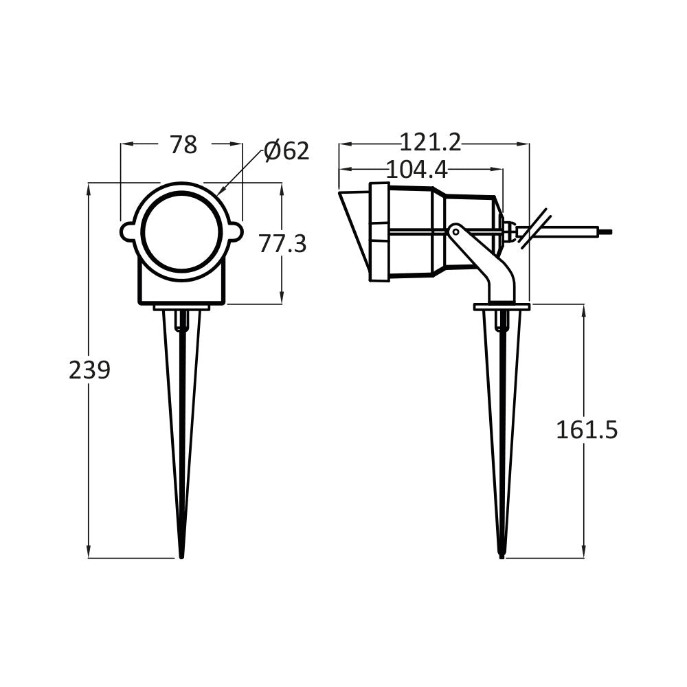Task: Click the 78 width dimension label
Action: coord(183,145)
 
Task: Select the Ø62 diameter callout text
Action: coord(287,150)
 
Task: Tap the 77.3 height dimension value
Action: coord(282,243)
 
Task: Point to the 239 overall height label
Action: coord(89,370)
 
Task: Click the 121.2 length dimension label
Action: coord(431,143)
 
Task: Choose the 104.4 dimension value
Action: coord(416,169)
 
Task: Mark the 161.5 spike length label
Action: coord(587,430)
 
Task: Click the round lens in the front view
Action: coord(181,232)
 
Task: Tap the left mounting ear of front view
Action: coord(128,232)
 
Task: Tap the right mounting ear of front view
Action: coord(235,232)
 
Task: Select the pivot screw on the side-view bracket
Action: coord(455,232)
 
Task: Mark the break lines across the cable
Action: coord(534,228)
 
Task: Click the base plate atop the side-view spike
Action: coord(502,306)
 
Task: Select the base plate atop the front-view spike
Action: coord(181,307)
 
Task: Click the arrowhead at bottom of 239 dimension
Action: coord(89,552)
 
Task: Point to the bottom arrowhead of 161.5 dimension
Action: coord(584,552)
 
